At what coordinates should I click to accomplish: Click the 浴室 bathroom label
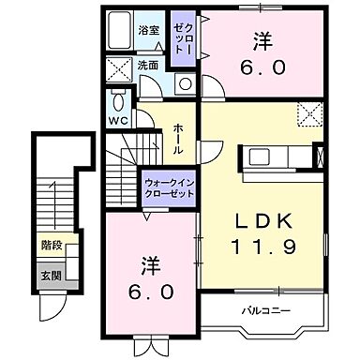tap(150, 30)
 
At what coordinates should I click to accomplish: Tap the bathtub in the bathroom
tap(119, 34)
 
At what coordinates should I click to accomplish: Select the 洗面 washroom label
tap(149, 66)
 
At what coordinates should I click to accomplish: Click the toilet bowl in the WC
tap(118, 100)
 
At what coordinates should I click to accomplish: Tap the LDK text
tap(263, 223)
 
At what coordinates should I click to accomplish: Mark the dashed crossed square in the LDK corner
tap(309, 112)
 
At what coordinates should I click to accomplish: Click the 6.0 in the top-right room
tap(262, 68)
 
